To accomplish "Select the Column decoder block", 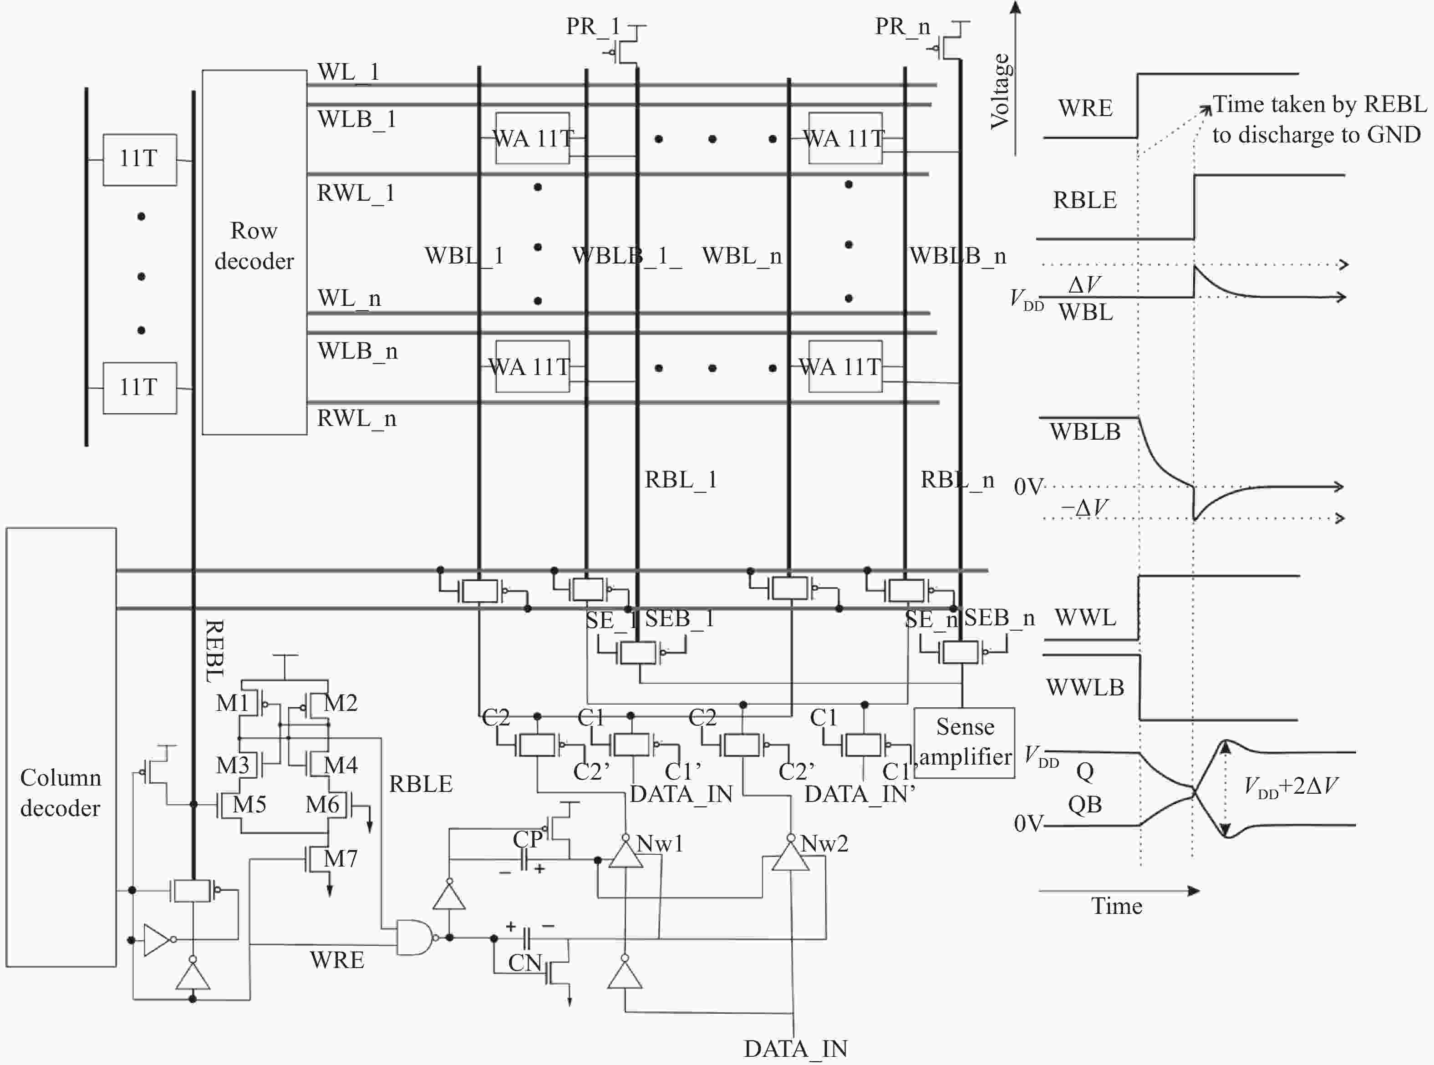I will pos(61,792).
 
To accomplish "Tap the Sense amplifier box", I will pos(964,742).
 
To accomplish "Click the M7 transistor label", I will pos(340,858).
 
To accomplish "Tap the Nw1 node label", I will pos(659,843).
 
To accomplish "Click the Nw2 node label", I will pos(824,843).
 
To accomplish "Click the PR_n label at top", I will pos(902,26).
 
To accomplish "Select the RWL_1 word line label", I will pos(355,193).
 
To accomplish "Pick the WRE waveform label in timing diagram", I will pos(1085,108).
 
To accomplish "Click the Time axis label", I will pos(1116,906).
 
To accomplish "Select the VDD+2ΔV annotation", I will pos(1290,786).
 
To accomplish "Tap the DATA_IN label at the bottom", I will pos(795,1049).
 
